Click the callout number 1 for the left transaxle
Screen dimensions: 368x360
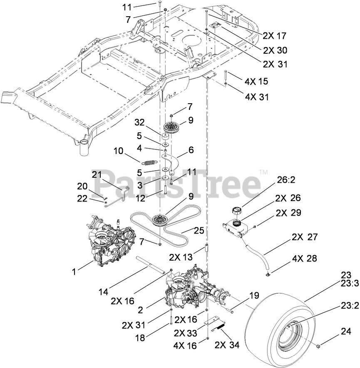coord(74,271)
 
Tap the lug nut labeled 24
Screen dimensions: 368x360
coord(318,346)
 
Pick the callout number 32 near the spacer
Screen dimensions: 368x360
coord(139,123)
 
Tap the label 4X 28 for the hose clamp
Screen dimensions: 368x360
coord(304,259)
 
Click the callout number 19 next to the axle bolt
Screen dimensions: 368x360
coord(253,296)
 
